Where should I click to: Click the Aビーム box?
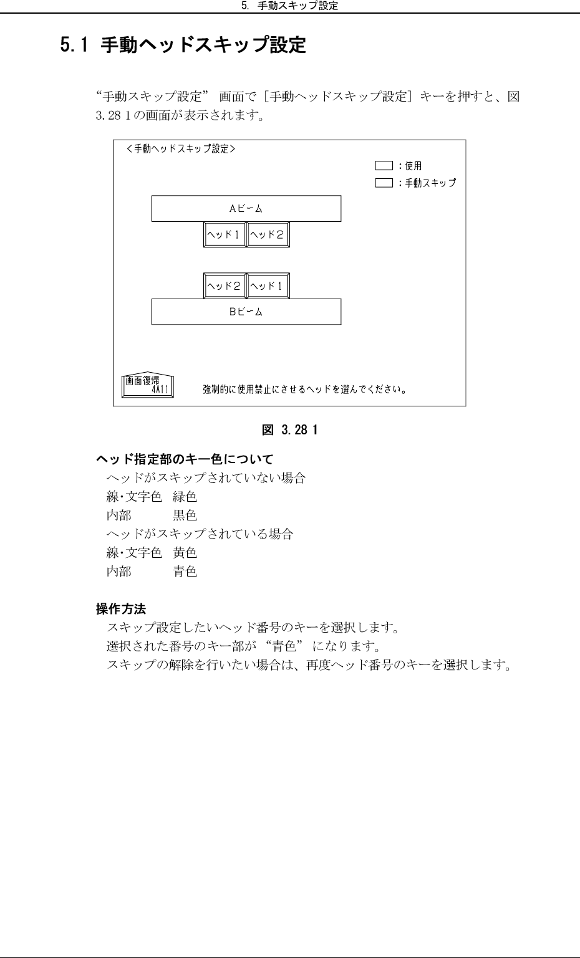[x=246, y=209]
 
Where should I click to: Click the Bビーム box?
[x=246, y=312]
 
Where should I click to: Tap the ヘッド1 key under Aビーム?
[x=225, y=235]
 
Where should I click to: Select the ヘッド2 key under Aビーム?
[x=268, y=235]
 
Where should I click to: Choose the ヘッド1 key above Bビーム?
[x=268, y=286]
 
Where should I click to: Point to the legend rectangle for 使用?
[x=384, y=166]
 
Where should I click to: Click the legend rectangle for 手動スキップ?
[x=384, y=183]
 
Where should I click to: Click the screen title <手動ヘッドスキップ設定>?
[x=180, y=149]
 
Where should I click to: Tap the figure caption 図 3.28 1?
[x=289, y=429]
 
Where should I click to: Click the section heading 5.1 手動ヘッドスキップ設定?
[x=183, y=45]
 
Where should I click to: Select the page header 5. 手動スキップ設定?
[x=289, y=6]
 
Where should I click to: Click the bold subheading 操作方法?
[x=120, y=608]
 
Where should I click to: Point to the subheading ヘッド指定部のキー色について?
[x=184, y=460]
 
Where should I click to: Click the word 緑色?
[x=185, y=497]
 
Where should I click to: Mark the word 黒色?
[x=185, y=515]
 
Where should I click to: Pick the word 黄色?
[x=185, y=553]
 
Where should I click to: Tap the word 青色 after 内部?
[x=185, y=572]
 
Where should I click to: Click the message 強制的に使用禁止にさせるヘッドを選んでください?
[x=305, y=390]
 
